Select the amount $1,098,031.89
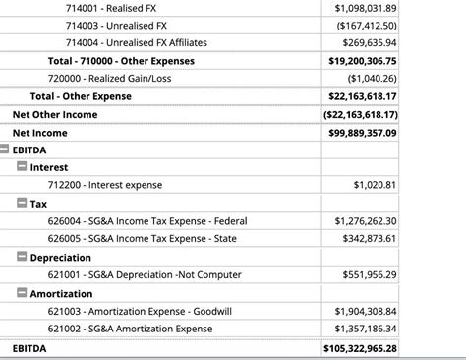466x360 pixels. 365,8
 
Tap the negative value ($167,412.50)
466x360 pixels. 367,26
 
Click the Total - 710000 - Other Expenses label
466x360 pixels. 121,61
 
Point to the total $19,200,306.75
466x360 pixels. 363,61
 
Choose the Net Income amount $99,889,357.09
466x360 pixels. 363,132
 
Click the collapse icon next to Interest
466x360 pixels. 22,167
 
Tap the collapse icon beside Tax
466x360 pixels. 22,203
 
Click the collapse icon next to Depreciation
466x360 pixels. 22,256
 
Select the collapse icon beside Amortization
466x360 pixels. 22,292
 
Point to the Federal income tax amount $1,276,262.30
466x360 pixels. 365,220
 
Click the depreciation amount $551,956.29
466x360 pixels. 369,274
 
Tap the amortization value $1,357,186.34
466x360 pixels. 365,328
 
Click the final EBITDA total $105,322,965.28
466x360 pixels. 361,348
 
